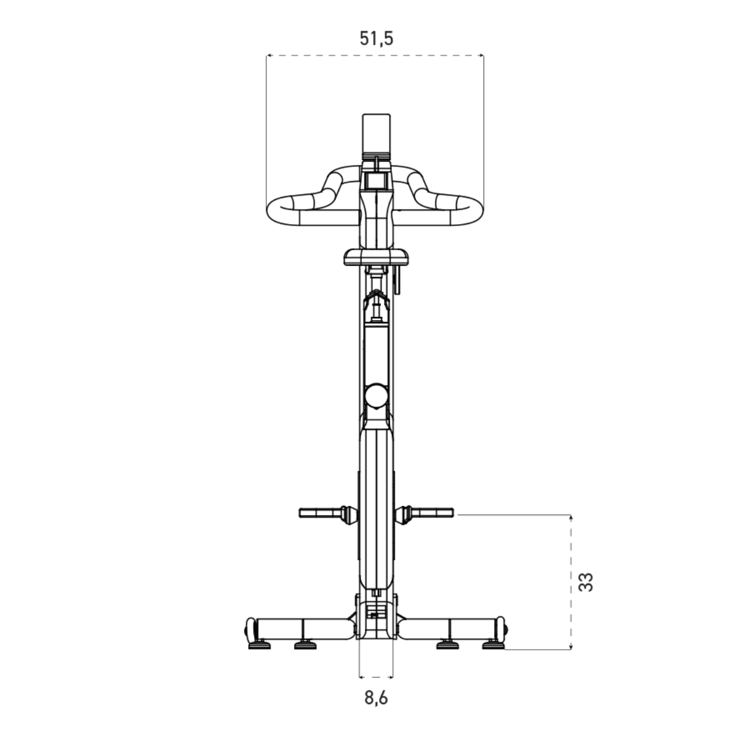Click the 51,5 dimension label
377,38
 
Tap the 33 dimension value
586,582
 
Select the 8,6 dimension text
376,698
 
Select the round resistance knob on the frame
376,396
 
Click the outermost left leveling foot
259,645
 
